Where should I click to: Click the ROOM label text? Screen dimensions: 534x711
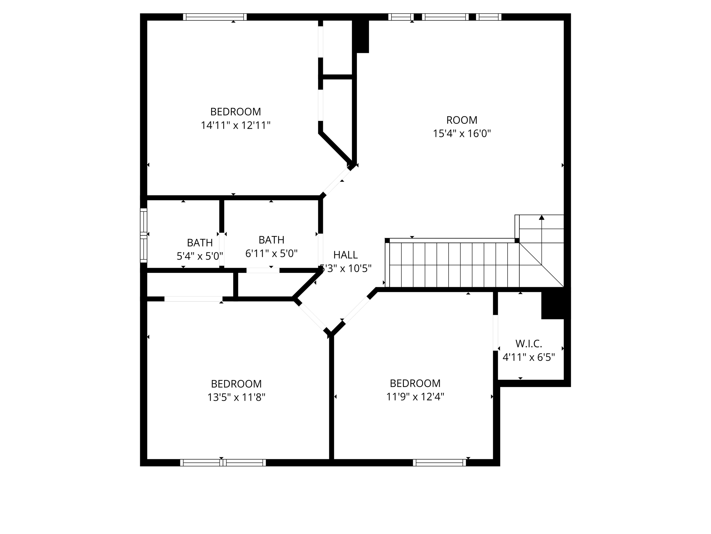[x=461, y=120]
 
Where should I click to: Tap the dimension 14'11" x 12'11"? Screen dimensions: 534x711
[x=235, y=125]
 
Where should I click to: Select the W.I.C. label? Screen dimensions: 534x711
[x=528, y=343]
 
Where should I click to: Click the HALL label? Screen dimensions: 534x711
[x=345, y=255]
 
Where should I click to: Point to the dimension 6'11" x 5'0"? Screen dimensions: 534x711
[x=271, y=253]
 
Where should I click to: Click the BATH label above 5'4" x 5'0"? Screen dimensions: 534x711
[x=200, y=242]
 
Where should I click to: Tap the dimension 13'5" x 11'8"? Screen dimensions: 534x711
[x=236, y=397]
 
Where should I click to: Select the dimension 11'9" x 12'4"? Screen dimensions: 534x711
[x=415, y=397]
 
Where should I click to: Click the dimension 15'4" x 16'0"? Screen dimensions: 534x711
[x=461, y=133]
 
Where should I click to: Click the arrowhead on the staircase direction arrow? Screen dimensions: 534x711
[x=541, y=218]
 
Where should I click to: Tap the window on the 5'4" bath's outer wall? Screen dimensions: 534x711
[x=143, y=235]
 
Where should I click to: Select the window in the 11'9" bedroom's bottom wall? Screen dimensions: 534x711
[x=439, y=462]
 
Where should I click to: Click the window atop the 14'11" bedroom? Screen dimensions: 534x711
[x=215, y=17]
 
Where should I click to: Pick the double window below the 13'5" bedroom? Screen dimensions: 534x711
[x=223, y=462]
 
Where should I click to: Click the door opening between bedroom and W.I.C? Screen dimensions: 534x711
[x=495, y=333]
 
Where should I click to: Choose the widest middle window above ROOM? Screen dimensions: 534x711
[x=445, y=17]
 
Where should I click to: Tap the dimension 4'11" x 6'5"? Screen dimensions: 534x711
[x=528, y=357]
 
